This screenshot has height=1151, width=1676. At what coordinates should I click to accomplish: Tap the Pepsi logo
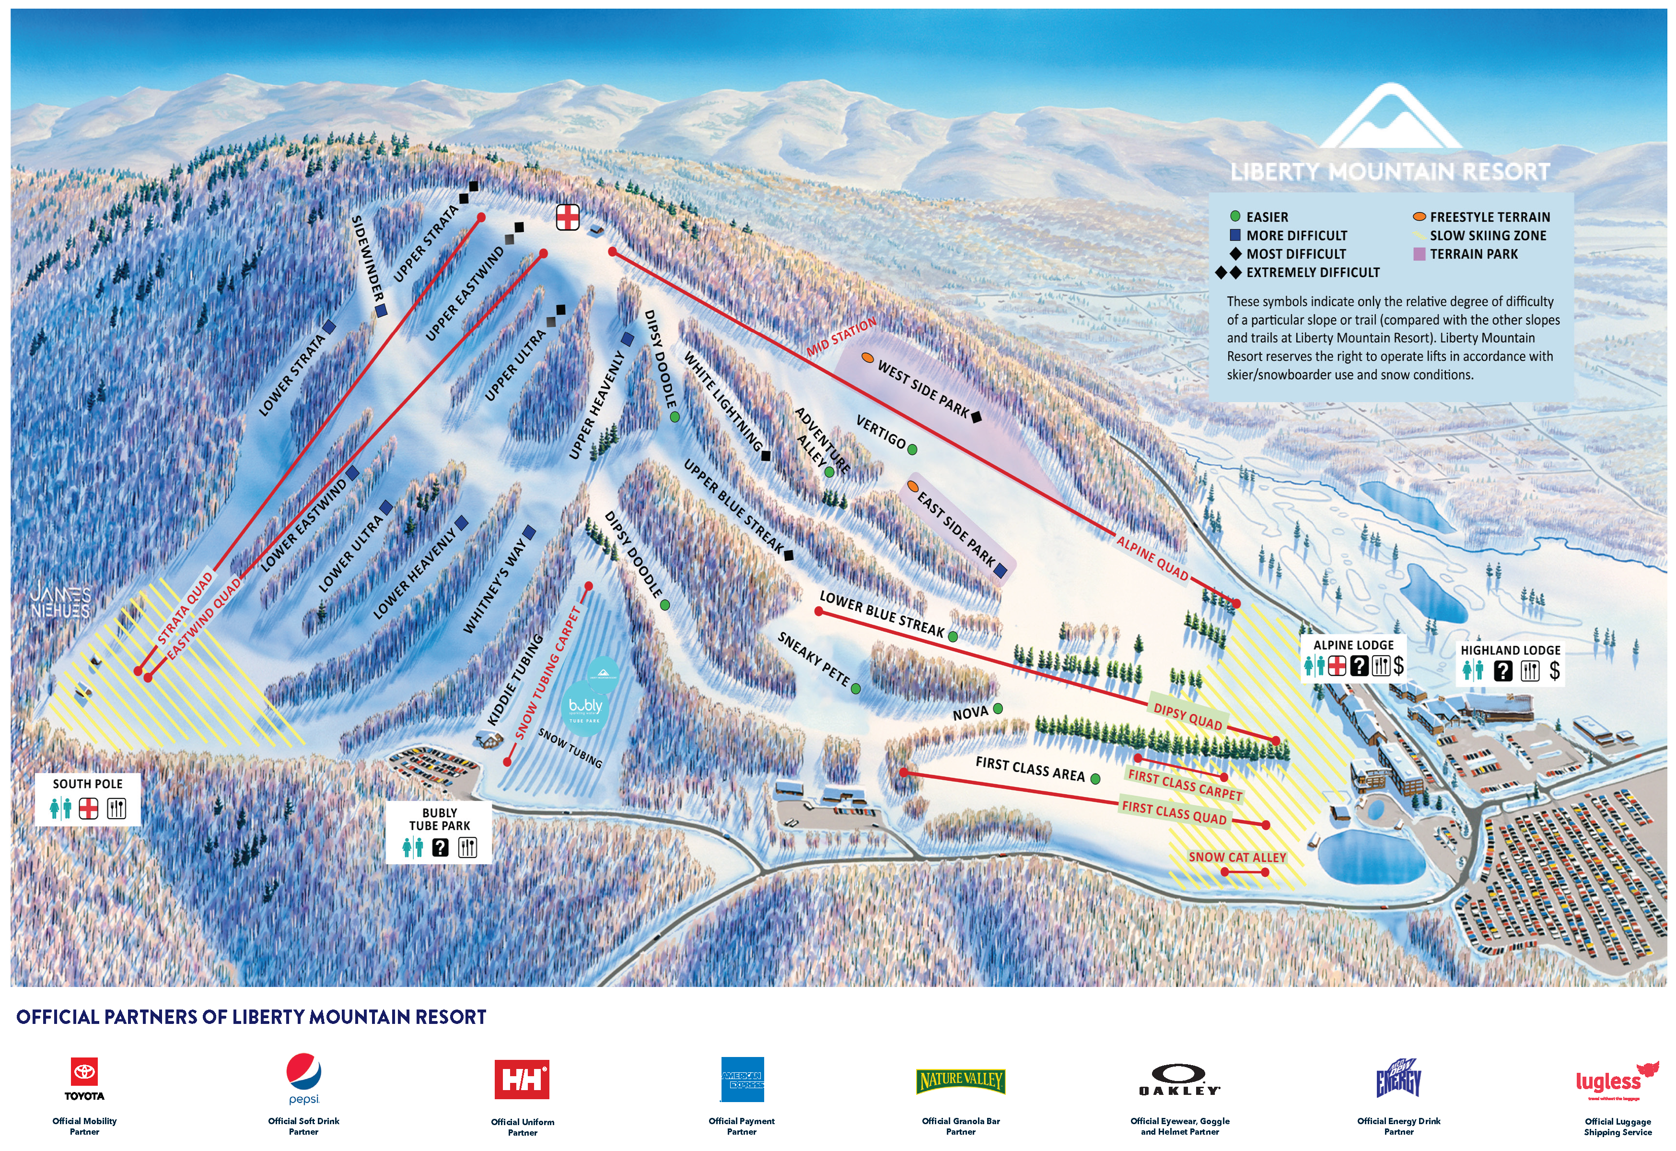coord(303,1075)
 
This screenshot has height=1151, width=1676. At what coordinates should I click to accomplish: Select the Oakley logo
coord(1179,1080)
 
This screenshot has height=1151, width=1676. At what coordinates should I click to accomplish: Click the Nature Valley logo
coord(961,1081)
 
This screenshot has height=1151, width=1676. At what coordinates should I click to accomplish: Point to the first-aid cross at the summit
coord(568,216)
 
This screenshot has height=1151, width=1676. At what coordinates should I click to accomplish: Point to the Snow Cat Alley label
coord(1237,857)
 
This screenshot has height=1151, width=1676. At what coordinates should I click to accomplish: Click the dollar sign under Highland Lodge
coord(1555,670)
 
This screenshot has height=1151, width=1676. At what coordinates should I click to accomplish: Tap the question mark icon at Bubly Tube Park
coord(440,847)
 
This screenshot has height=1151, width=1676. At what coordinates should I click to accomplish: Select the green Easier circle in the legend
coord(1234,216)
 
